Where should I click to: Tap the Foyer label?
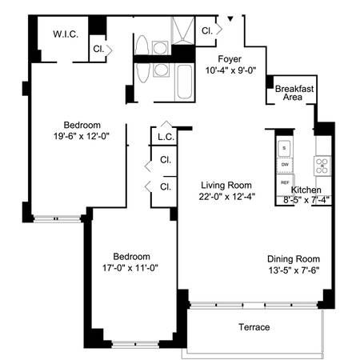point(230,58)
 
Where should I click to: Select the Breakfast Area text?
point(294,92)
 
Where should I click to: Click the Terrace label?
point(254,327)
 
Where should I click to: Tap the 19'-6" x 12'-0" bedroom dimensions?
point(82,136)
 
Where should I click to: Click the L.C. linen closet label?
point(166,138)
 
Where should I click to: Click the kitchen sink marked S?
point(284,149)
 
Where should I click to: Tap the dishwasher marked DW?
point(284,166)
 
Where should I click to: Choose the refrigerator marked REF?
point(285,182)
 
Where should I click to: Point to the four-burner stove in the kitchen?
point(322,166)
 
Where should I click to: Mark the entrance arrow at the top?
point(231,18)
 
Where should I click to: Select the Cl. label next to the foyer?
point(207,30)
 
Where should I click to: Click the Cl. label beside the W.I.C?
point(98,48)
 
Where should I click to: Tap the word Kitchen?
point(306,190)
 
